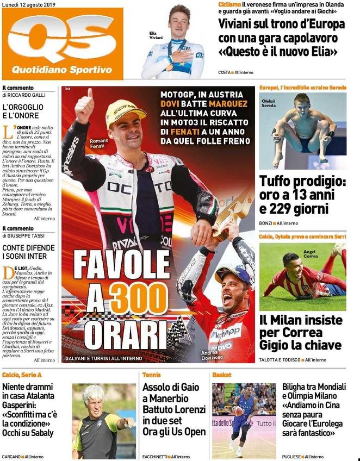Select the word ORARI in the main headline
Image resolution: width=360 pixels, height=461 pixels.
pos(117,331)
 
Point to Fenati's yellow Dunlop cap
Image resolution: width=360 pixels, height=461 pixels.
pos(125,111)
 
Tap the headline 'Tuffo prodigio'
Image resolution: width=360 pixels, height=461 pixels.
pos(303,180)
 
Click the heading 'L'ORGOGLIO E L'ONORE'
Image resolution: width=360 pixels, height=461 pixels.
pos(22,112)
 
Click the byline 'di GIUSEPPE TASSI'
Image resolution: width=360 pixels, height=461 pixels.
pos(24,235)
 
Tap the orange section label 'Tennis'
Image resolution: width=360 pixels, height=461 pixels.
pos(151,375)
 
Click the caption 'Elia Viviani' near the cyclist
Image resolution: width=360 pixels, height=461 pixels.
pos(156,35)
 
